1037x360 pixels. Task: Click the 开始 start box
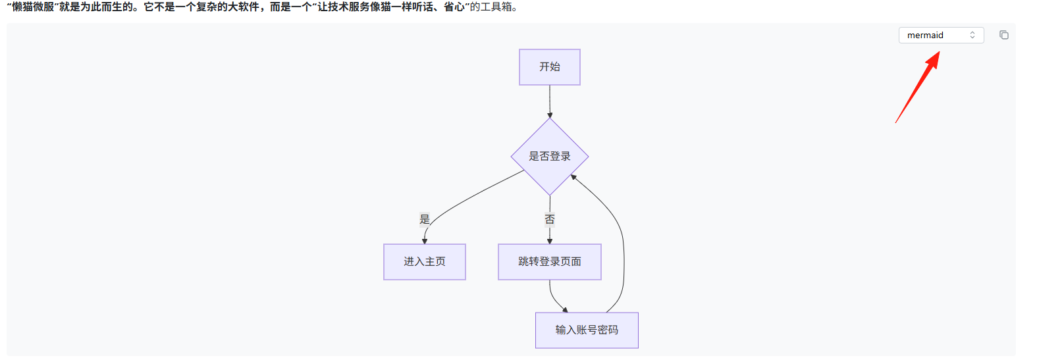pyautogui.click(x=550, y=67)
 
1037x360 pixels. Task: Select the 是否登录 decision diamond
pyautogui.click(x=550, y=157)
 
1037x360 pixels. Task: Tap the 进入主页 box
pyautogui.click(x=425, y=262)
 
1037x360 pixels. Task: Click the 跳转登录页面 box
pyautogui.click(x=550, y=262)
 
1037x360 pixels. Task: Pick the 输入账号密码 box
pyautogui.click(x=587, y=330)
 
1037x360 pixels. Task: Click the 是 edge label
pyautogui.click(x=425, y=219)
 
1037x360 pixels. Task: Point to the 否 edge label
pyautogui.click(x=550, y=219)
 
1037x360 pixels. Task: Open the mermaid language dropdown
pyautogui.click(x=941, y=35)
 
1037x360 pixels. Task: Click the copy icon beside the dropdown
pyautogui.click(x=1003, y=35)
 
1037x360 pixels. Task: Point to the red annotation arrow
pyautogui.click(x=918, y=88)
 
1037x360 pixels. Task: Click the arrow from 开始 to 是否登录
pyautogui.click(x=550, y=102)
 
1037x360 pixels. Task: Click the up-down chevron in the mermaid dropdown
pyautogui.click(x=972, y=35)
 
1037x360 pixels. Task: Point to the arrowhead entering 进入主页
pyautogui.click(x=425, y=241)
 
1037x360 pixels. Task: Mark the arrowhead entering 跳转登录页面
pyautogui.click(x=550, y=241)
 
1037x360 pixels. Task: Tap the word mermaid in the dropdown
pyautogui.click(x=925, y=35)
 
